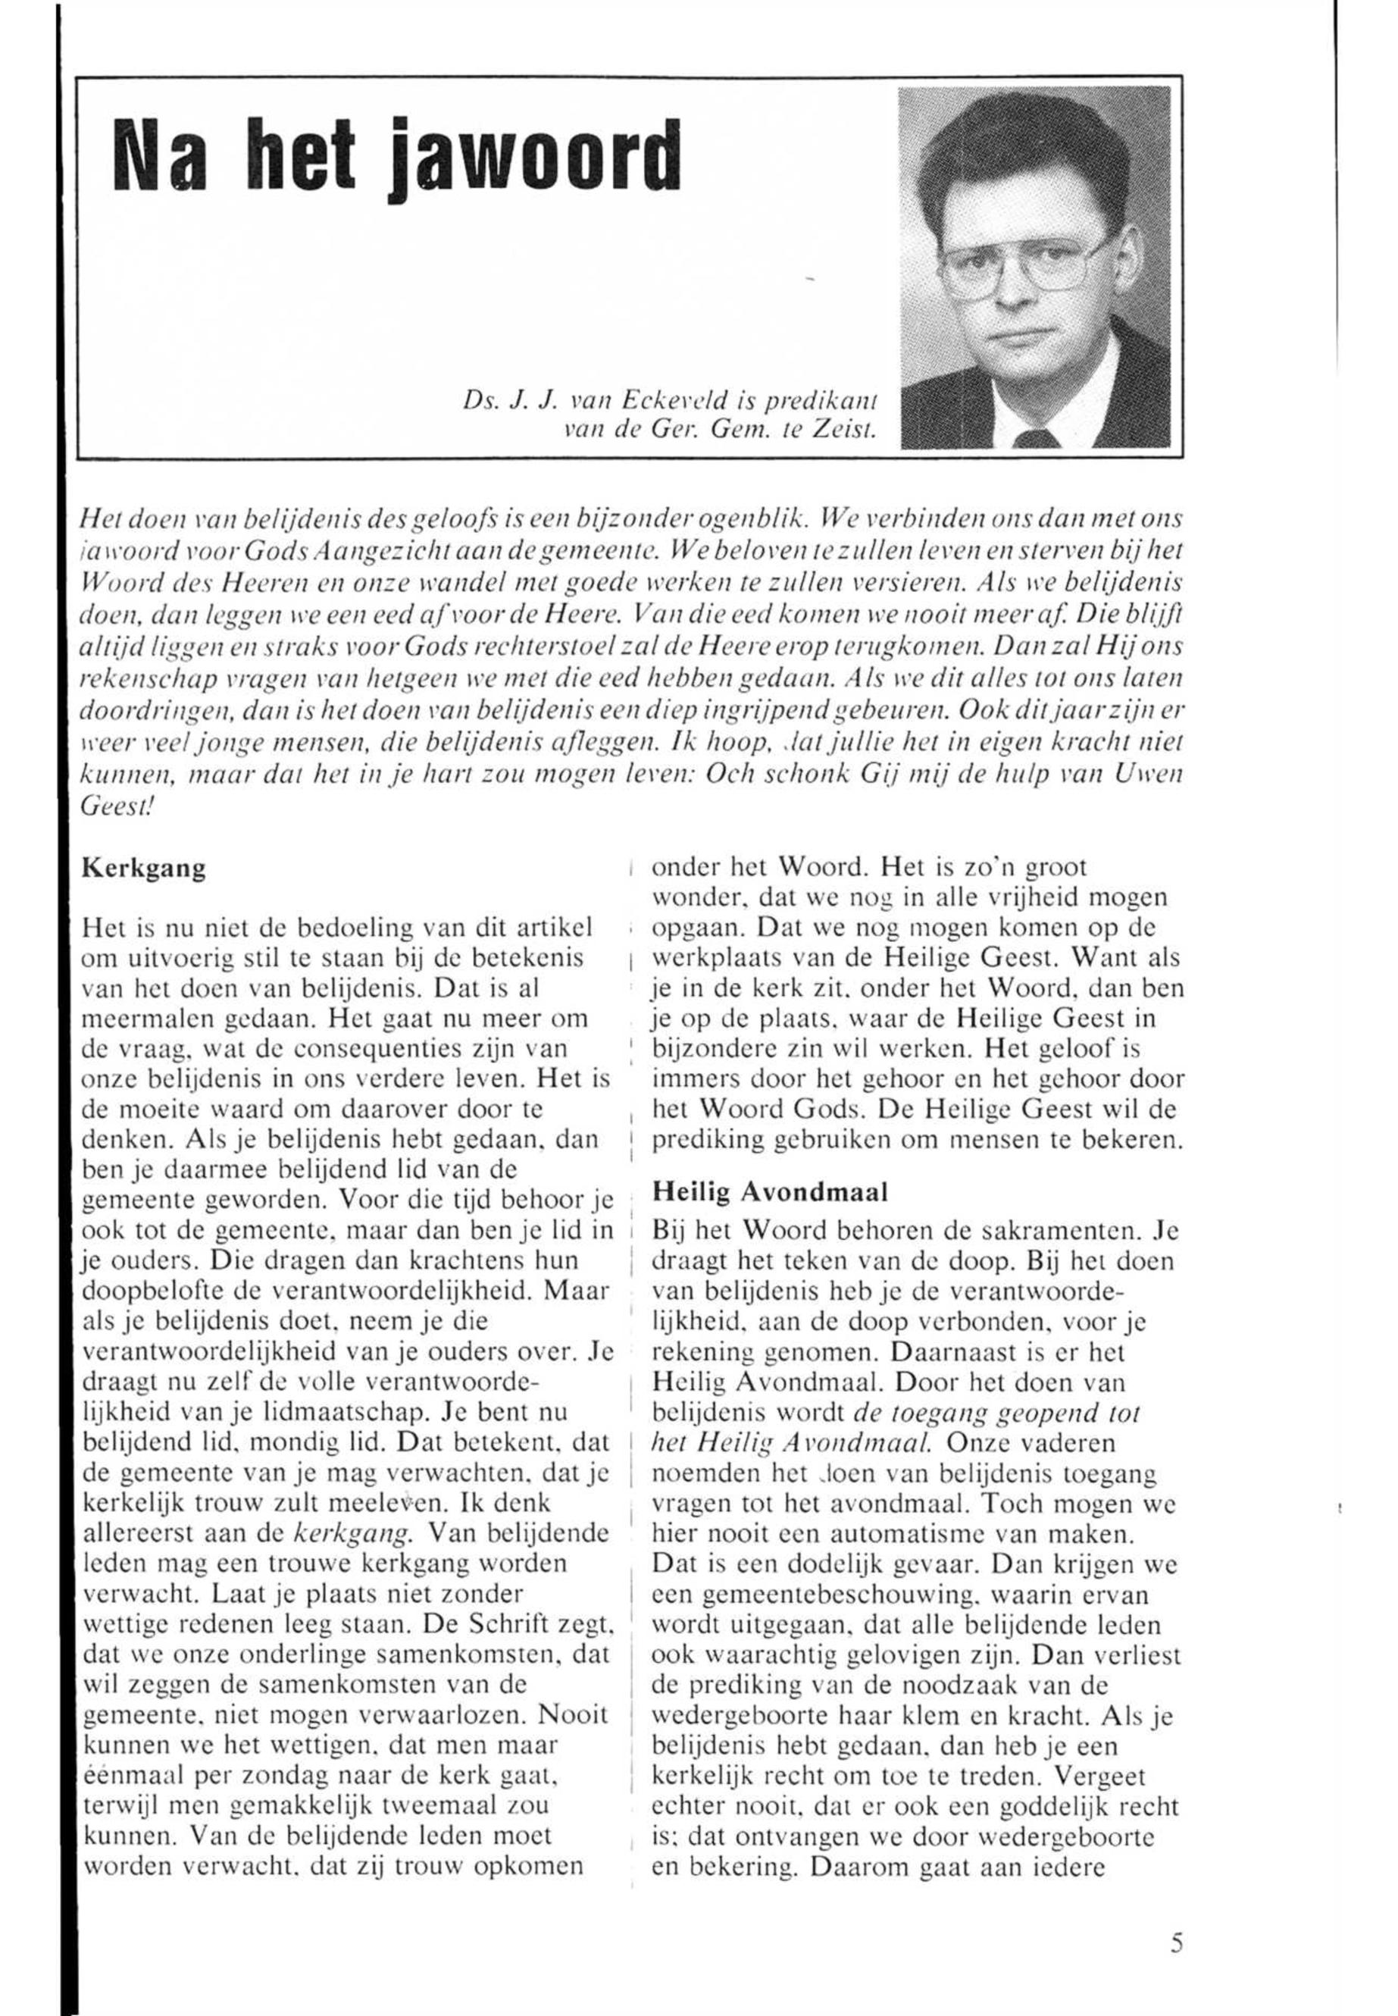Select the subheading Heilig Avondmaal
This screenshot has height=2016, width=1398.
tap(771, 1191)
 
